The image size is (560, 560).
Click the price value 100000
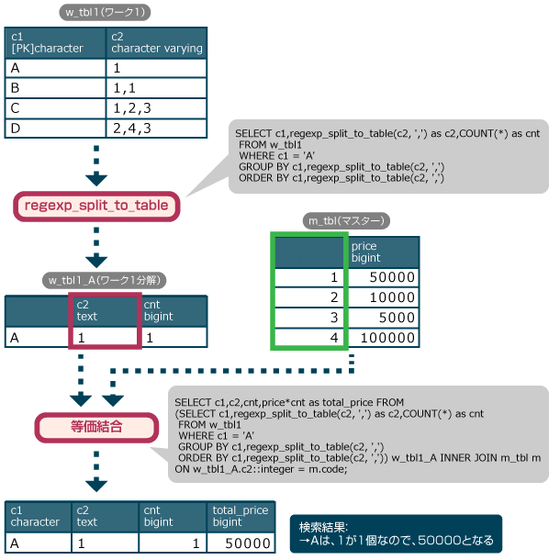pyautogui.click(x=383, y=338)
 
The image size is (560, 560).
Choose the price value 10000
pyautogui.click(x=383, y=297)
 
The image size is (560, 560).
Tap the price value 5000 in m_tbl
pyautogui.click(x=383, y=318)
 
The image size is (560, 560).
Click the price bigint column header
pyautogui.click(x=383, y=252)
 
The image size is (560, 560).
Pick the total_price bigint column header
pyautogui.click(x=240, y=516)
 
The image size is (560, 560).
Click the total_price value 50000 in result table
pyautogui.click(x=240, y=543)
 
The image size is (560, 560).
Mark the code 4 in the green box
pyautogui.click(x=309, y=338)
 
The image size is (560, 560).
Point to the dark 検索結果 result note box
pyautogui.click(x=396, y=532)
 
